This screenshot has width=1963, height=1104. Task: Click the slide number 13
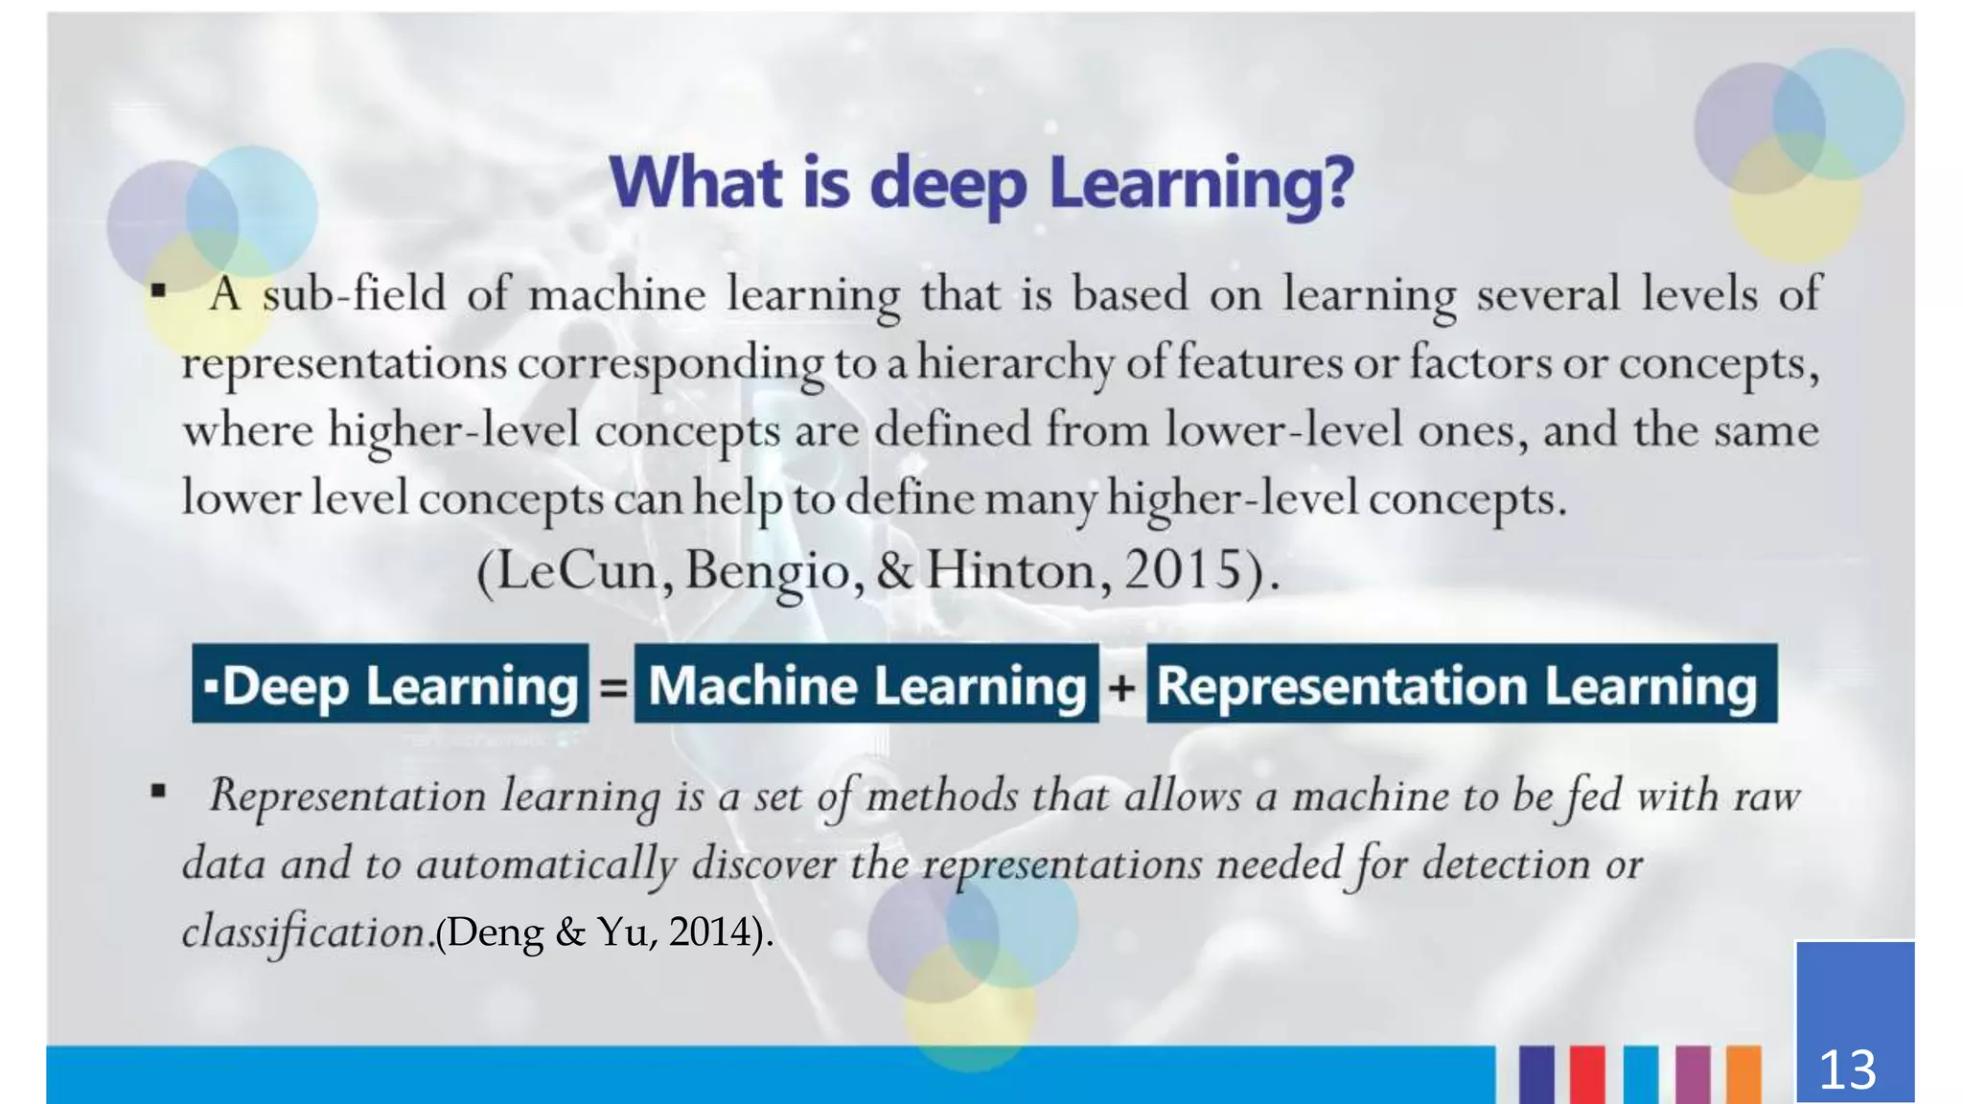coord(1847,1069)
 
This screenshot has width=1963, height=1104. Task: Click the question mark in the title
coord(1334,182)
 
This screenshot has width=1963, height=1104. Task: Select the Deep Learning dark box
coord(390,683)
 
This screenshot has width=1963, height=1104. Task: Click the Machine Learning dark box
coord(866,683)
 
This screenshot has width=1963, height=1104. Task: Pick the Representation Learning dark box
coord(1461,683)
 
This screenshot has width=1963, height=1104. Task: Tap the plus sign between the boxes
coord(1122,687)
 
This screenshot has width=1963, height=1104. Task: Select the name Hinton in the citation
coord(1010,570)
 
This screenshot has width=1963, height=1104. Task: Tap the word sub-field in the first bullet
coord(355,293)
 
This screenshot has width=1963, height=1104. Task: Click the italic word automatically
coord(546,865)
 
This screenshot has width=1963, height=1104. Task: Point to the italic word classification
coord(305,932)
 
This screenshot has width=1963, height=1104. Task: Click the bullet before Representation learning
coord(158,792)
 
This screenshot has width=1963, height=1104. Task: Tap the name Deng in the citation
coord(495,931)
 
